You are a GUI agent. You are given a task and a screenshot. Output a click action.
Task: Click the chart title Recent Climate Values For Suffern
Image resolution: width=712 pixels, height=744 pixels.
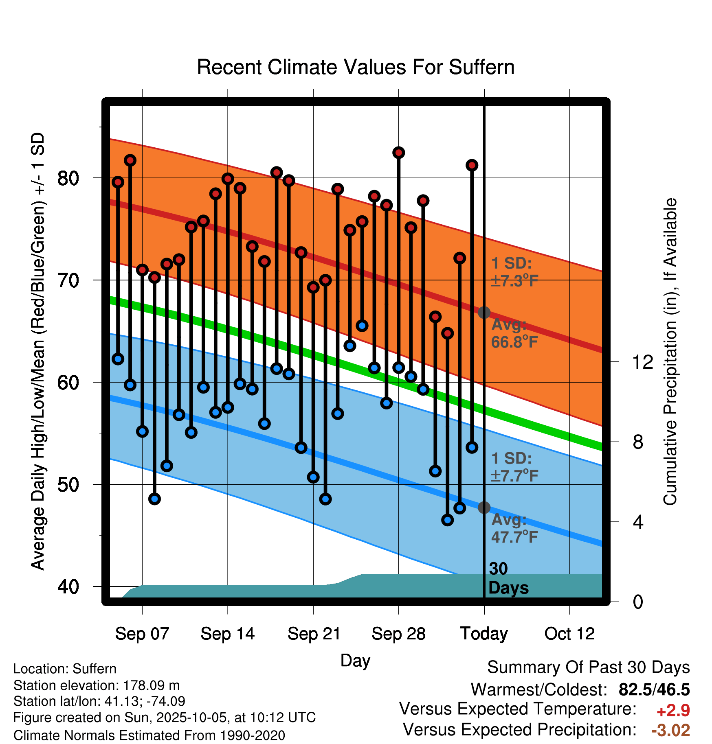[356, 67]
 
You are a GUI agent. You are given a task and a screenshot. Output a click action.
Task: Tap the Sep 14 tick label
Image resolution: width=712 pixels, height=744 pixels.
[227, 634]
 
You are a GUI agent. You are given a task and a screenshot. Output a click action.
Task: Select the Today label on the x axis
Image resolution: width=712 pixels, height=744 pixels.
[484, 634]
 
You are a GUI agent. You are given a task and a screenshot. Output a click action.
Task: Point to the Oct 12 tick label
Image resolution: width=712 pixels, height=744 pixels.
[569, 634]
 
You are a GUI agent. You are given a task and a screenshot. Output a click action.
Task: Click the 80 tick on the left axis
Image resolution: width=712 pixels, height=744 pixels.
[68, 178]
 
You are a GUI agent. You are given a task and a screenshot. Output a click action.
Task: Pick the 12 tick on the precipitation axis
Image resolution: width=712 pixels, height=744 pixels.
[642, 362]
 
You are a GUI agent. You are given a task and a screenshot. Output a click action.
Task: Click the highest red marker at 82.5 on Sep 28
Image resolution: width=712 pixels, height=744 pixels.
[398, 153]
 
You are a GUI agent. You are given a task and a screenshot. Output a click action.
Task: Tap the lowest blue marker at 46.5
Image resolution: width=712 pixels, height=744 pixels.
[447, 520]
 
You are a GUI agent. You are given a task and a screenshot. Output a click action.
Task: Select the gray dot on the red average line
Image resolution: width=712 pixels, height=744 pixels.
[484, 313]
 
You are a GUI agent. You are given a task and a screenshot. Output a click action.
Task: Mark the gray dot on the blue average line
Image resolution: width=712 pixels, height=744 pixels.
[484, 508]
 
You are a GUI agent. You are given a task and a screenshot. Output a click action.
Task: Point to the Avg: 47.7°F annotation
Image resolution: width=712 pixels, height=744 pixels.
[514, 529]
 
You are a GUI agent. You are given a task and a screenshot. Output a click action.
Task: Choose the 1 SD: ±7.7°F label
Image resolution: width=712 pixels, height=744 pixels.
[514, 467]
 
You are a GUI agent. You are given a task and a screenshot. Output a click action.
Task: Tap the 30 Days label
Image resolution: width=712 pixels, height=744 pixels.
[508, 578]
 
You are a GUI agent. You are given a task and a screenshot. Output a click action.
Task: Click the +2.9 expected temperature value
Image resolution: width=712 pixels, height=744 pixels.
[673, 711]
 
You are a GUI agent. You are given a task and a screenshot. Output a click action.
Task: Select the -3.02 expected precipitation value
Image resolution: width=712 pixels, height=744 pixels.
[670, 730]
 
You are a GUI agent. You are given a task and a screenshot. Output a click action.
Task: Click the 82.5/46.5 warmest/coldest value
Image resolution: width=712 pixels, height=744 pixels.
[654, 689]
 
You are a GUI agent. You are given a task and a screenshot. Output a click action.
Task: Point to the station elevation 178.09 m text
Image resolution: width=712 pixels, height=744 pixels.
[96, 685]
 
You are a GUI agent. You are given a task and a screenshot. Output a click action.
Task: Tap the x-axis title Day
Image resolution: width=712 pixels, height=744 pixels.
[355, 660]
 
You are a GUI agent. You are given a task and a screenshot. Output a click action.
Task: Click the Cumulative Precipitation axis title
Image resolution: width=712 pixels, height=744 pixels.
[670, 352]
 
